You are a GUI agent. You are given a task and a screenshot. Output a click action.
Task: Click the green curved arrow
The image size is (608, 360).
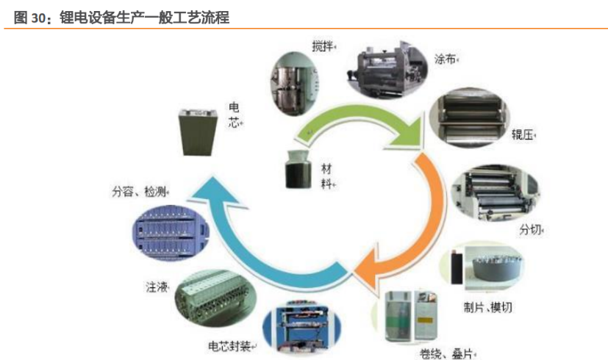pos(360,121)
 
